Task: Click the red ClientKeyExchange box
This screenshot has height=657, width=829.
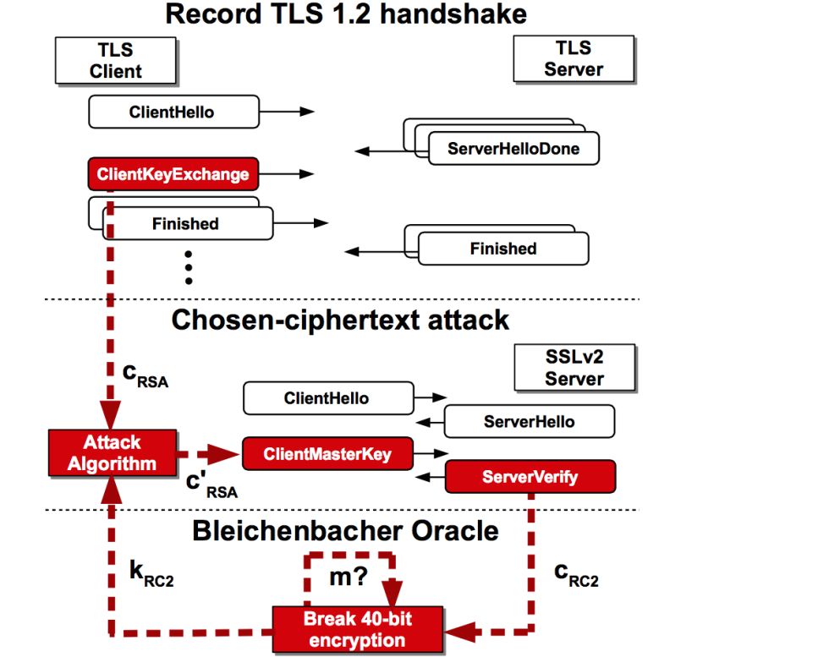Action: (173, 175)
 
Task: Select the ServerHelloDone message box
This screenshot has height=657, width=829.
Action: (513, 149)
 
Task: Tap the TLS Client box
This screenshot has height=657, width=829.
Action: (116, 60)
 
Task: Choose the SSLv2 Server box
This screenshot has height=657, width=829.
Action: (574, 367)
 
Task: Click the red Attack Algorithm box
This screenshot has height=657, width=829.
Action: (112, 452)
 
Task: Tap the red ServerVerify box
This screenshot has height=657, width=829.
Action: (530, 477)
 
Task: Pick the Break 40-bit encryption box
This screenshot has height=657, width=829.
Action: (359, 628)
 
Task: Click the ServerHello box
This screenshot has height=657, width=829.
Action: (529, 421)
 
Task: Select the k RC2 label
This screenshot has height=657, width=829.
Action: (151, 573)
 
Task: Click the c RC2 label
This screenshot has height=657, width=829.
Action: (575, 573)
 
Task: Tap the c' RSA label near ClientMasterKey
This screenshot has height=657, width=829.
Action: (211, 485)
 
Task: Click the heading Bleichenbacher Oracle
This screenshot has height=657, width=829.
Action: (345, 530)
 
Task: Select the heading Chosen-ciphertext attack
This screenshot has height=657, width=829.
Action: (340, 320)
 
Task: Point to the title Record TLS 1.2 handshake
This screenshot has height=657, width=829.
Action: (345, 14)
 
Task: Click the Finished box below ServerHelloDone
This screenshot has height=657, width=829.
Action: (503, 249)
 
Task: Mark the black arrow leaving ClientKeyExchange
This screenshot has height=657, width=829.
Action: (288, 175)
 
